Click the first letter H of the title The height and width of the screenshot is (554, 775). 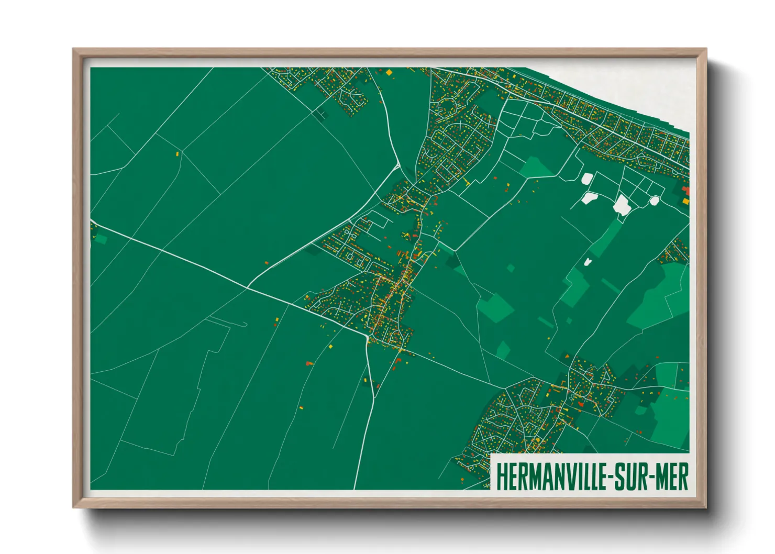pyautogui.click(x=500, y=477)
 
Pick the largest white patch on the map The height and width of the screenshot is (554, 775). pyautogui.click(x=622, y=204)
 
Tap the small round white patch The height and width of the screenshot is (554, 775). pyautogui.click(x=654, y=200)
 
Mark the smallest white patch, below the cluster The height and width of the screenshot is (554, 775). pyautogui.click(x=588, y=261)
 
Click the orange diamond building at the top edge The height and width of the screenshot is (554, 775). pyautogui.click(x=389, y=73)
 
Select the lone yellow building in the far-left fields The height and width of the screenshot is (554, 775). pyautogui.click(x=178, y=154)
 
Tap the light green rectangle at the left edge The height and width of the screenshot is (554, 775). pyautogui.click(x=101, y=239)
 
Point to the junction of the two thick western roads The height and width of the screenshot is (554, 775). pyautogui.click(x=247, y=287)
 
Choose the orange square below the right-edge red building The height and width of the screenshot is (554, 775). pyautogui.click(x=685, y=201)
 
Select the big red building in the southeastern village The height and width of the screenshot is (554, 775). pyautogui.click(x=580, y=403)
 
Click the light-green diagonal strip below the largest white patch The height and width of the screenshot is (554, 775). pyautogui.click(x=607, y=238)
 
